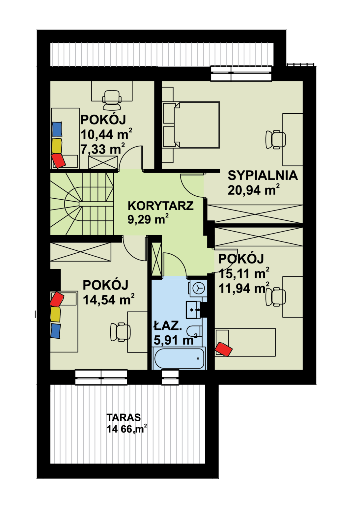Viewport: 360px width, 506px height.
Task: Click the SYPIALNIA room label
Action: [263, 175]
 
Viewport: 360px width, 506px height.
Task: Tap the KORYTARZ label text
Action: [161, 206]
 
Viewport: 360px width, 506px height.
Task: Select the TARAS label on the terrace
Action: [124, 417]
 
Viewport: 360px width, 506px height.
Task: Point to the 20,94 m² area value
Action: [254, 189]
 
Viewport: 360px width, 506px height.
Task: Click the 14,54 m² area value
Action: [109, 299]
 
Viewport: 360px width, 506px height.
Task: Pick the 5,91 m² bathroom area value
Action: [176, 339]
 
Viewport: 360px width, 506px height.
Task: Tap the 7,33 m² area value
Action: [103, 149]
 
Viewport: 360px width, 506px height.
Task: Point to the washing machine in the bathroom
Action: [198, 288]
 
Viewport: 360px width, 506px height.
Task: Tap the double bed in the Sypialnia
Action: [191, 125]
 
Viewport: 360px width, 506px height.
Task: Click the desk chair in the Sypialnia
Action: [275, 139]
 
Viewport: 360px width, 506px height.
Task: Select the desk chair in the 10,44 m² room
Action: [112, 100]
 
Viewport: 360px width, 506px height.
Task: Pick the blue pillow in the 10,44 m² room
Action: [57, 129]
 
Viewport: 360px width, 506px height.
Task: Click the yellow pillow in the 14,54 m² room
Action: [55, 314]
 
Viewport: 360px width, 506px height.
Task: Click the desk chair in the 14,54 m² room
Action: [120, 332]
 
